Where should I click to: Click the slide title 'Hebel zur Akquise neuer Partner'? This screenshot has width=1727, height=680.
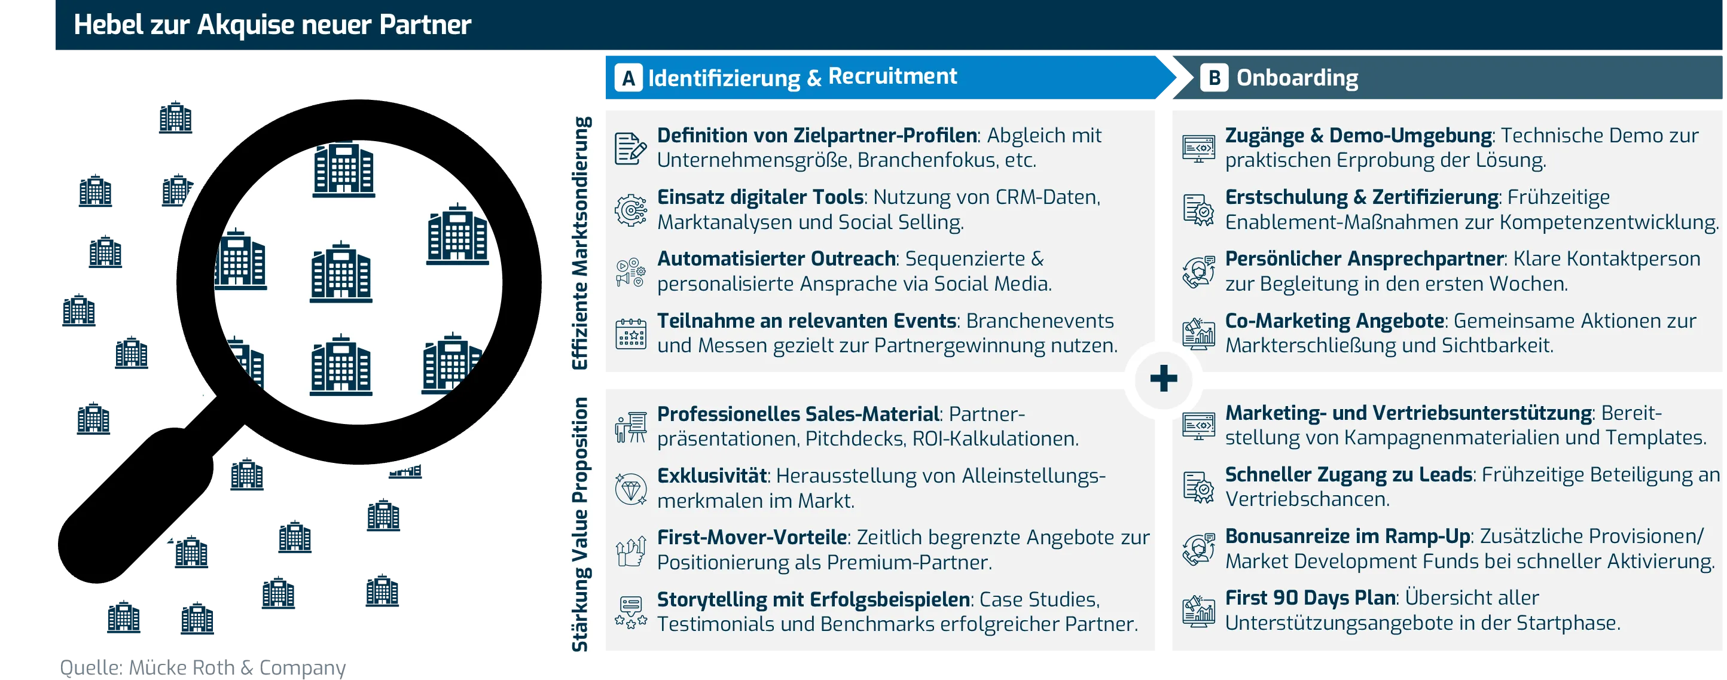tap(272, 25)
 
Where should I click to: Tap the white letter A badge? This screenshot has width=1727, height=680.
tap(628, 78)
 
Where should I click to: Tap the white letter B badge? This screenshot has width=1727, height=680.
tap(1213, 78)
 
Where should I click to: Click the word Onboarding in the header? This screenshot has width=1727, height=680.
tap(1296, 78)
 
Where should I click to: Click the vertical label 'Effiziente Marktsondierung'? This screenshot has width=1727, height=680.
tap(580, 243)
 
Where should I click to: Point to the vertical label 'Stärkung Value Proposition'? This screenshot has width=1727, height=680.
tap(580, 525)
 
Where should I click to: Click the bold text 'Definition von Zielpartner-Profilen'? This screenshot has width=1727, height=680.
tap(817, 136)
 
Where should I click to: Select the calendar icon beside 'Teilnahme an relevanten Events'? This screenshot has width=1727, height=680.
tap(630, 334)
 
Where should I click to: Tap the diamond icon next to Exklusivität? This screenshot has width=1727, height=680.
tap(630, 488)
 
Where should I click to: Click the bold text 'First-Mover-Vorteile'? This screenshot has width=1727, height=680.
tap(752, 537)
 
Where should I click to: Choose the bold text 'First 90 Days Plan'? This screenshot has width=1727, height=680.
tap(1310, 597)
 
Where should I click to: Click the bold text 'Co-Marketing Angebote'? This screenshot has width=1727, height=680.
tap(1334, 321)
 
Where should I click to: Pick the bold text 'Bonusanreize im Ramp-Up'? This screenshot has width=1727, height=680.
tap(1347, 536)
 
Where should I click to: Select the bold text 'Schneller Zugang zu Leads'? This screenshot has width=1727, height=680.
tap(1348, 474)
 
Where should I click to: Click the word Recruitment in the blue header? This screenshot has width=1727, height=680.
tap(892, 77)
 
